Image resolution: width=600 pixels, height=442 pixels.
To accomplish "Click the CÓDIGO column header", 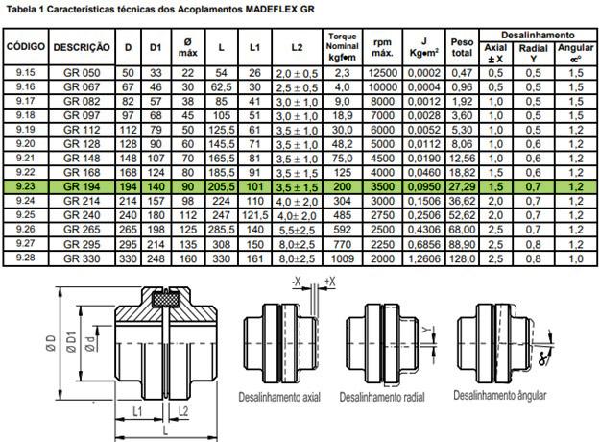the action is tap(26, 47).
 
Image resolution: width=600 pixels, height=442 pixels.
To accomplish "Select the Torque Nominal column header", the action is tap(343, 47).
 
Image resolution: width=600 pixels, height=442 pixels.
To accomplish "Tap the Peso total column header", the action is tap(462, 47).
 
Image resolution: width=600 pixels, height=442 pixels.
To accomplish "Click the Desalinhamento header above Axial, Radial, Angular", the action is tap(538, 36).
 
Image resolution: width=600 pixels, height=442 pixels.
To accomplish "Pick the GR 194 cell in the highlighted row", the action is tap(82, 187).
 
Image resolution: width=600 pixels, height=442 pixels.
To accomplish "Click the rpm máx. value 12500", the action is tap(383, 73).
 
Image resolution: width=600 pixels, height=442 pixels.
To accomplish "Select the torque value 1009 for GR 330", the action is tap(343, 258).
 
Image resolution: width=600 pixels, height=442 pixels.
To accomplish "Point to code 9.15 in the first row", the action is tap(26, 72).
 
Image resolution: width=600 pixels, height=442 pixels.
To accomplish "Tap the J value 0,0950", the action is tap(423, 187).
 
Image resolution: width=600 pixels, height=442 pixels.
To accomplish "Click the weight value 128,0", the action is tap(462, 258).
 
